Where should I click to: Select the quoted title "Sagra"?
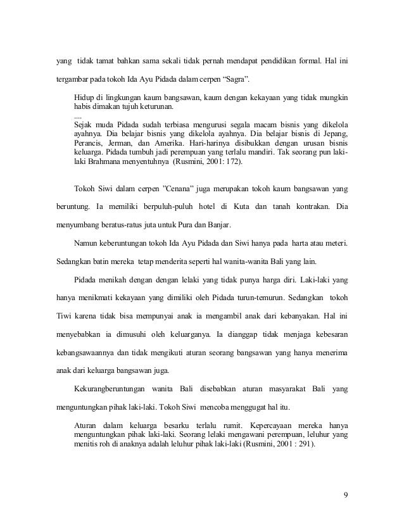(236, 81)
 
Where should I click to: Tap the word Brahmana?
(106, 161)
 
